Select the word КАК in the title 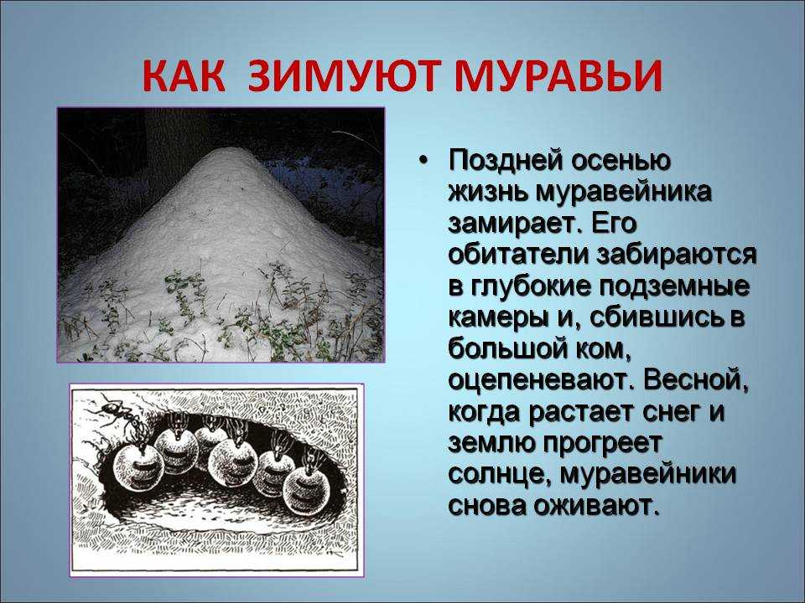click(184, 77)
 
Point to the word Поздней click(506, 162)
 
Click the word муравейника click(624, 193)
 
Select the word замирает click(517, 225)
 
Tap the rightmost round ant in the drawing click(307, 487)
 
